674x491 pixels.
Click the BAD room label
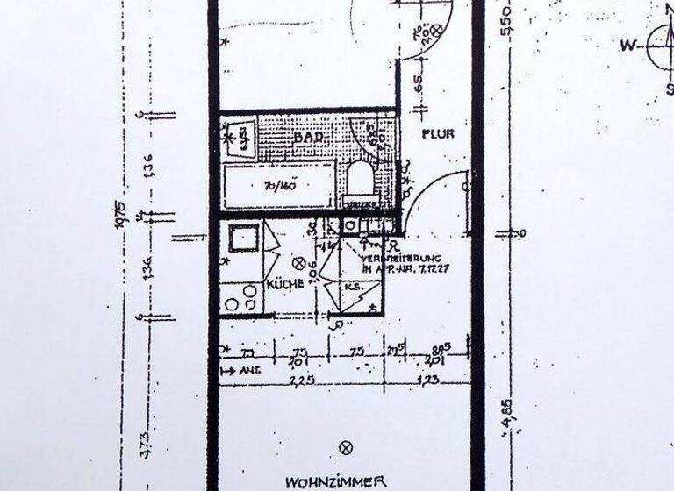click(309, 139)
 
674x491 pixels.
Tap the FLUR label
click(436, 134)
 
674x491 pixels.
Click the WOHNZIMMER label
click(334, 481)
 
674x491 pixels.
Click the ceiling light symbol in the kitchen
click(298, 262)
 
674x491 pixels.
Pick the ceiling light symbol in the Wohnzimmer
click(345, 447)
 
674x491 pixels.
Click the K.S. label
click(353, 287)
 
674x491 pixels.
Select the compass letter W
click(628, 45)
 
